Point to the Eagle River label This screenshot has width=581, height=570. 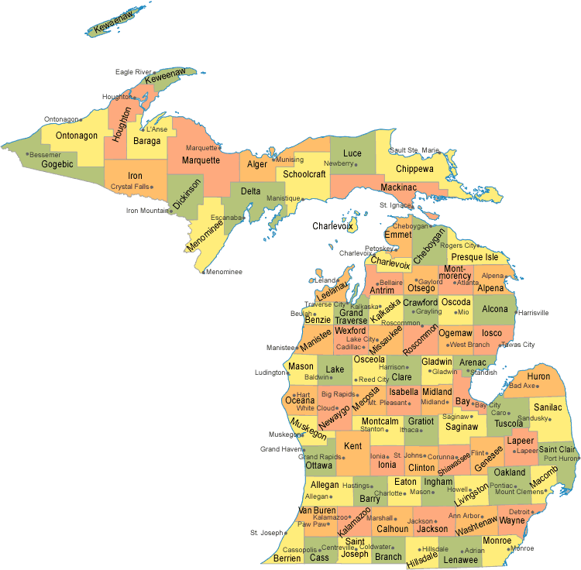pyautogui.click(x=133, y=72)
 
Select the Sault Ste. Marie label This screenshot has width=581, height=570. pyautogui.click(x=414, y=150)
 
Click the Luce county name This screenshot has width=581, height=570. pyautogui.click(x=352, y=153)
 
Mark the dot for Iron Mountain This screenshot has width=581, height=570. pyautogui.click(x=171, y=211)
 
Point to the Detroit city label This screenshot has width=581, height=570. pyautogui.click(x=520, y=512)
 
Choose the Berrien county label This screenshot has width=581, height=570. pyautogui.click(x=287, y=558)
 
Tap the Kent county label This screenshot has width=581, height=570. pyautogui.click(x=352, y=446)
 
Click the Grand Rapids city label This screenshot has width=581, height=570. pyautogui.click(x=321, y=457)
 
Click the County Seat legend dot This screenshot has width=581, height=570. pyautogui.click(x=525, y=556)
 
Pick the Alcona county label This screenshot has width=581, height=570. pyautogui.click(x=495, y=309)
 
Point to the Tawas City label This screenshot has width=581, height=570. pyautogui.click(x=518, y=345)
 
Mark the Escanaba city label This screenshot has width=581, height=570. pyautogui.click(x=225, y=218)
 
